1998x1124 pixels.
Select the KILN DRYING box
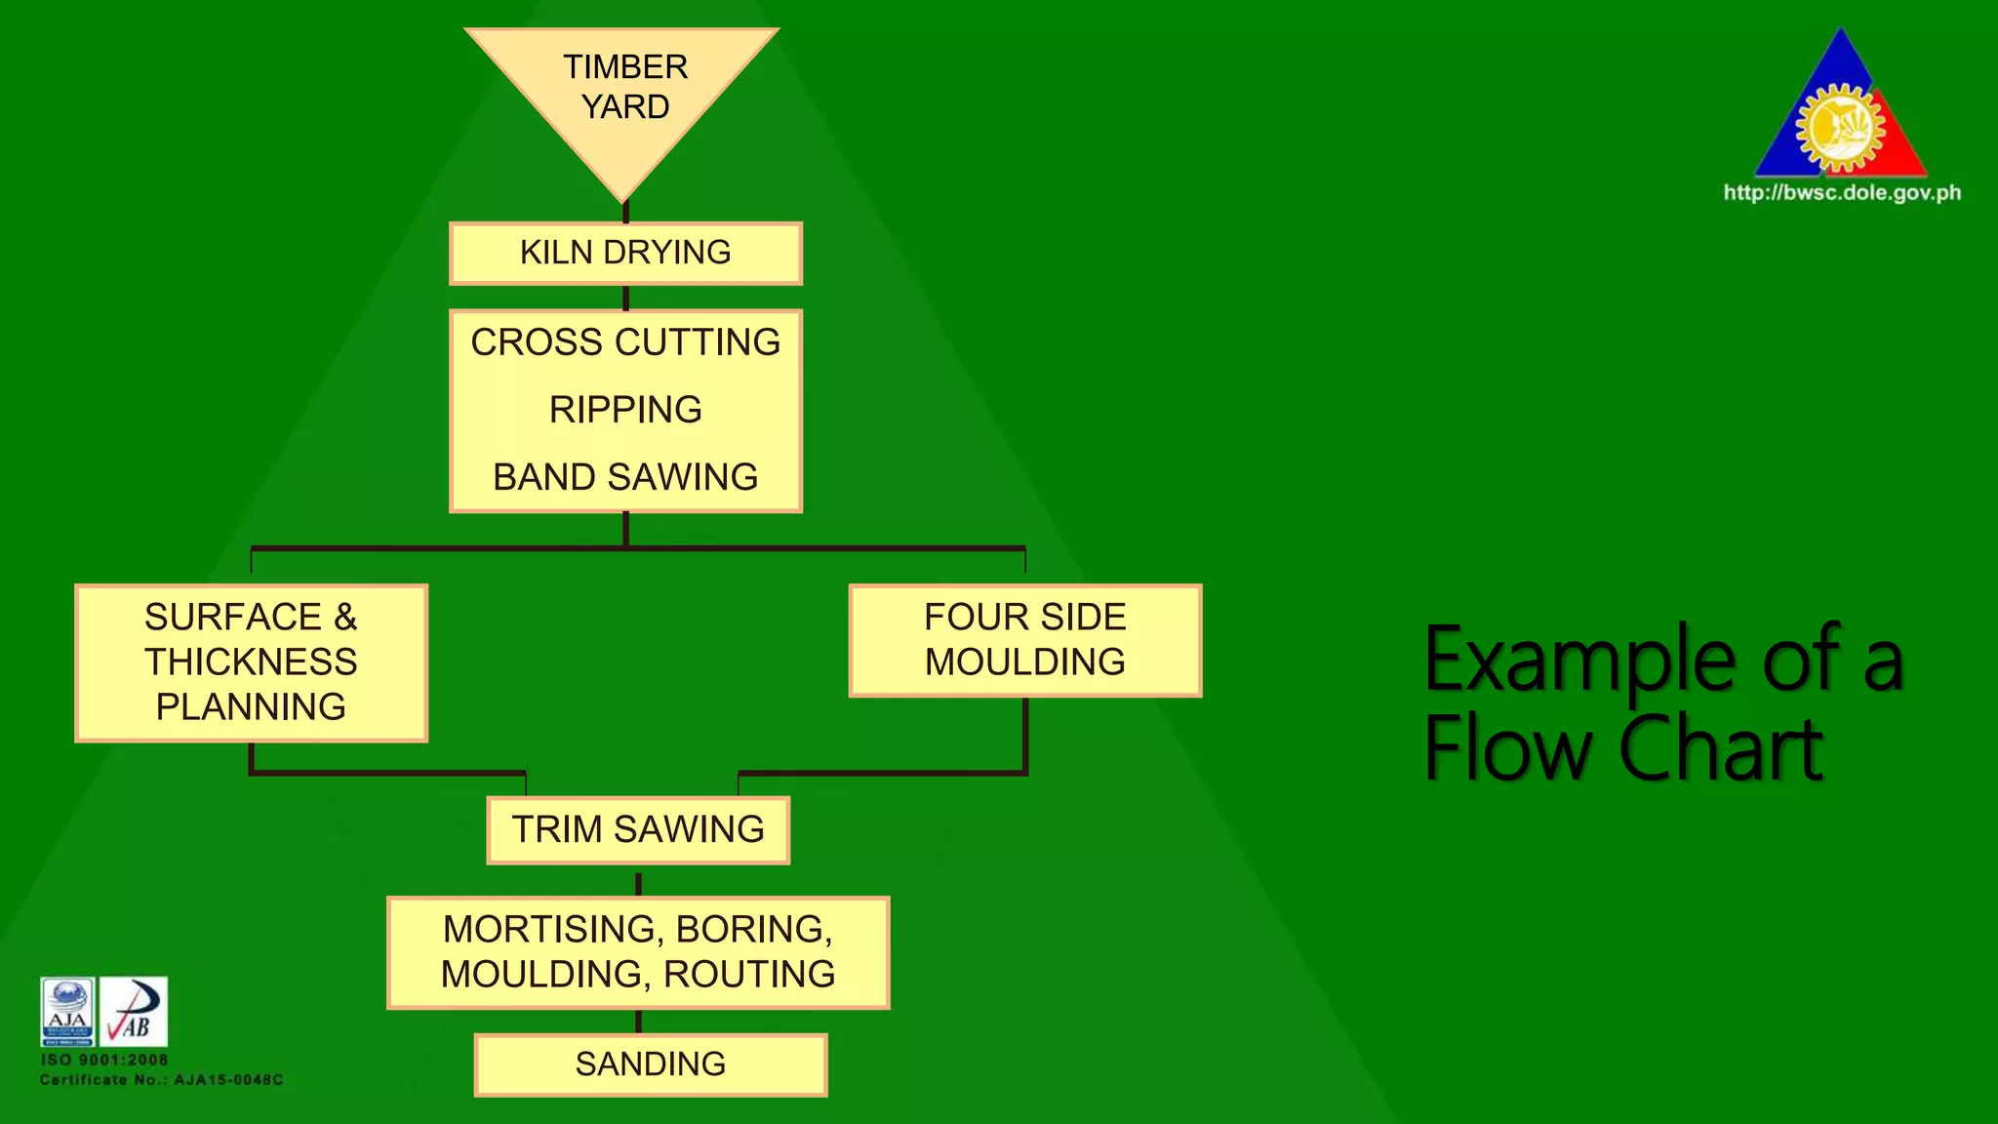click(x=625, y=253)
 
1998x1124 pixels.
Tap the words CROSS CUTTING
click(x=625, y=342)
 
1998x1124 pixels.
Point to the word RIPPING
click(x=625, y=410)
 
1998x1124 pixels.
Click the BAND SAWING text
click(x=625, y=477)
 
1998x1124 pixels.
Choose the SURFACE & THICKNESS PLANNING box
click(x=251, y=662)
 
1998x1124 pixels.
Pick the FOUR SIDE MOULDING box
click(x=1024, y=640)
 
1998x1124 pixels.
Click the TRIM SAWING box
click(x=638, y=829)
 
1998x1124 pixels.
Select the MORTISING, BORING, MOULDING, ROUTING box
click(x=638, y=951)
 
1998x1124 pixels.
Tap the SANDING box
click(x=651, y=1064)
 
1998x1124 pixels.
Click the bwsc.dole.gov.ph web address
click(x=1842, y=192)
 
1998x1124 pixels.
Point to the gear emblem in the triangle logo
click(x=1840, y=128)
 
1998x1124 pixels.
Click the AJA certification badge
click(x=67, y=1011)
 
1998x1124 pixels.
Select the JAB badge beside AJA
click(x=134, y=1011)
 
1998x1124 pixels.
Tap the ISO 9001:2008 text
click(x=104, y=1060)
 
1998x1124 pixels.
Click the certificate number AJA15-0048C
click(x=230, y=1080)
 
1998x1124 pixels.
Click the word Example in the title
click(x=1580, y=662)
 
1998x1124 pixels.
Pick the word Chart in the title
click(x=1721, y=749)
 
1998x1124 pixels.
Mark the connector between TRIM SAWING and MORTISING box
click(x=638, y=883)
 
